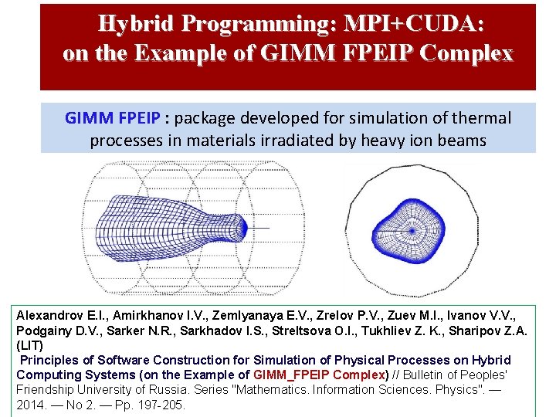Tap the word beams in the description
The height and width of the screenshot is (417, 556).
pyautogui.click(x=465, y=141)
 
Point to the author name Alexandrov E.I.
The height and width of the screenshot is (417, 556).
pyautogui.click(x=60, y=316)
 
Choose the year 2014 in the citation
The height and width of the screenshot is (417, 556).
pyautogui.click(x=32, y=404)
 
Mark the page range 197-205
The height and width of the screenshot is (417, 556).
pyautogui.click(x=160, y=404)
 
